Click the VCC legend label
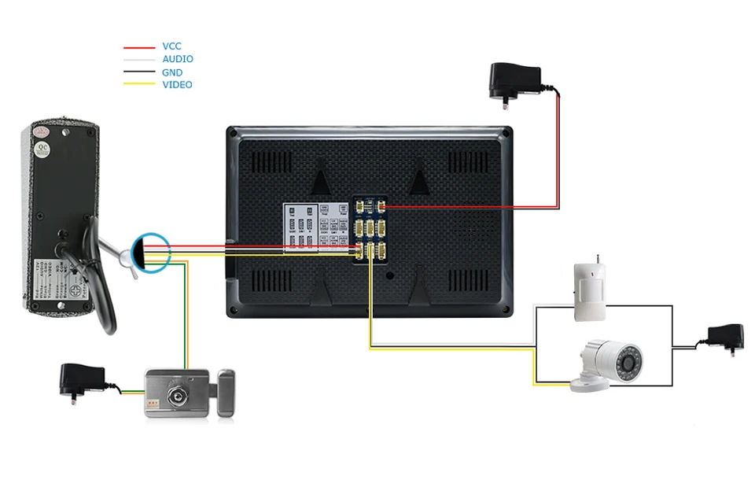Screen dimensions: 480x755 coord(171,47)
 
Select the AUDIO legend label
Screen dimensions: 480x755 coord(177,60)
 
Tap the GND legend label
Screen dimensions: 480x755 coord(172,72)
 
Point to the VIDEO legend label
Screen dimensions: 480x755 coord(177,85)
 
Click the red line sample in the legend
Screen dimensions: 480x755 coord(138,47)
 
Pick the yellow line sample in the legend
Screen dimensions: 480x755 coord(138,85)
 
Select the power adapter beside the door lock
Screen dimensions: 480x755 coord(83,380)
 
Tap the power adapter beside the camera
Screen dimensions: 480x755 coord(724,338)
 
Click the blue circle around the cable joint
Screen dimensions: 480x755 coord(149,253)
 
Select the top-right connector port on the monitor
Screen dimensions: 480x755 coord(380,207)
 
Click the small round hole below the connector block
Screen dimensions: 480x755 coord(389,276)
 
